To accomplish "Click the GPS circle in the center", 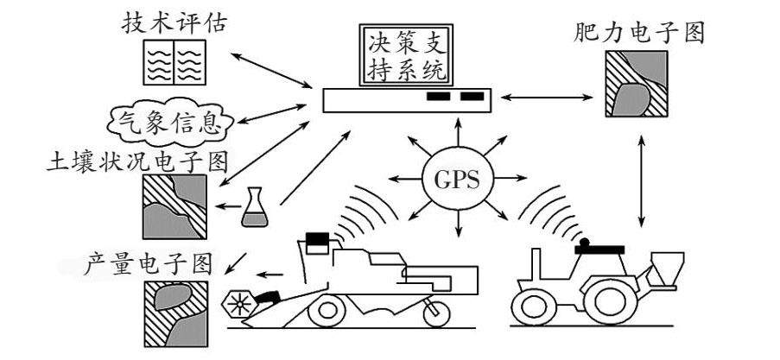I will [456, 181].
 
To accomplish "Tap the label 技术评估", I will [174, 23].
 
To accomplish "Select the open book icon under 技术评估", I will [174, 63].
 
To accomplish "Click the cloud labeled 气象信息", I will [163, 123].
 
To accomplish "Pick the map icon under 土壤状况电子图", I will [174, 205].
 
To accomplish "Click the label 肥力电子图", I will [639, 33].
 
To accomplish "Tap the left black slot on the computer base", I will [439, 97].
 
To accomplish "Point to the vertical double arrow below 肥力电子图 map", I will [640, 177].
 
